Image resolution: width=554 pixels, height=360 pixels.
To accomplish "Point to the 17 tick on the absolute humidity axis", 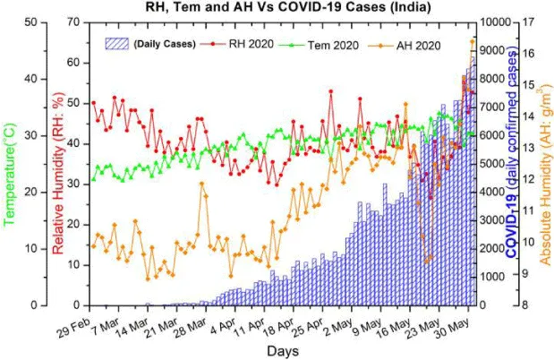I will pyautogui.click(x=529, y=21).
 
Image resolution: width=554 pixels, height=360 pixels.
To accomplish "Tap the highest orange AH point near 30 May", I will pyautogui.click(x=473, y=41).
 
